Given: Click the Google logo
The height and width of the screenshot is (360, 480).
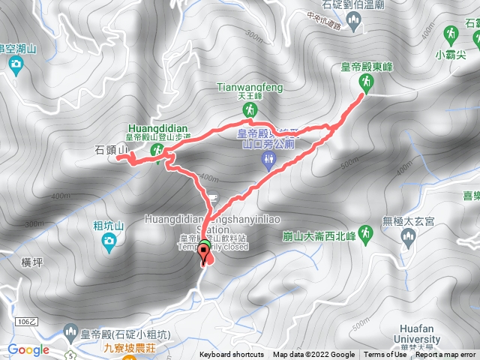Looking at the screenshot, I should (x=28, y=349).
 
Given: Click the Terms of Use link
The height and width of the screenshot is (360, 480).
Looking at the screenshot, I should (x=385, y=355).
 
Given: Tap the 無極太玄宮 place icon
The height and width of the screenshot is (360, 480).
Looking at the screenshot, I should (x=409, y=238).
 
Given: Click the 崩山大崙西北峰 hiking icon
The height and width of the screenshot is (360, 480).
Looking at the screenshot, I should (x=365, y=233).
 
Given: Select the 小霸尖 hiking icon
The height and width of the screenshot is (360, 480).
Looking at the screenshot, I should (x=452, y=35).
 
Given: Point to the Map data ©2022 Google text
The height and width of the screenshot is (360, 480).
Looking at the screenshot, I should (x=313, y=355).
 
